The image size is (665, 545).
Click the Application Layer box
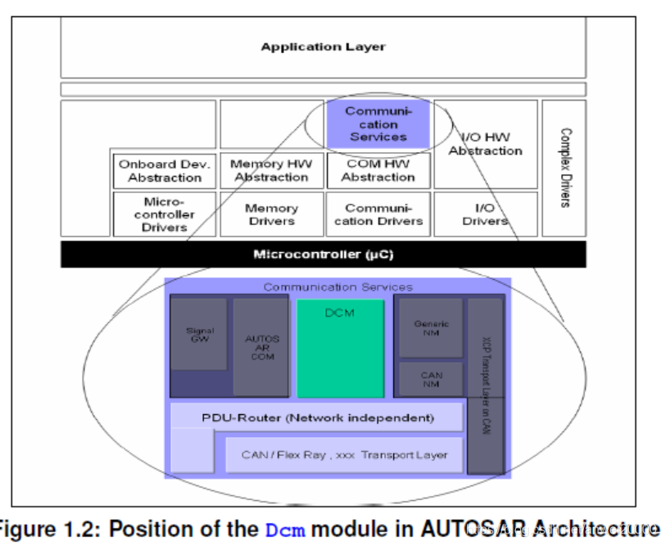coord(323,47)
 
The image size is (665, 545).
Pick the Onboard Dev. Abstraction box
coord(164,170)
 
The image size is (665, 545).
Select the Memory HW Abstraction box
coord(270,170)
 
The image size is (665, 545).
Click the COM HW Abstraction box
coord(378,170)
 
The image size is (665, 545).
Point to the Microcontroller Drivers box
coord(164,214)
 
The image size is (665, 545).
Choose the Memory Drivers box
coord(270,214)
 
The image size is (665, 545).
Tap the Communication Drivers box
coord(378,214)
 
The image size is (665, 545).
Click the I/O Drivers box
coord(486,214)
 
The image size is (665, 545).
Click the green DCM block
coord(340,348)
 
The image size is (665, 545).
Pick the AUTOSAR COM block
coord(260,346)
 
